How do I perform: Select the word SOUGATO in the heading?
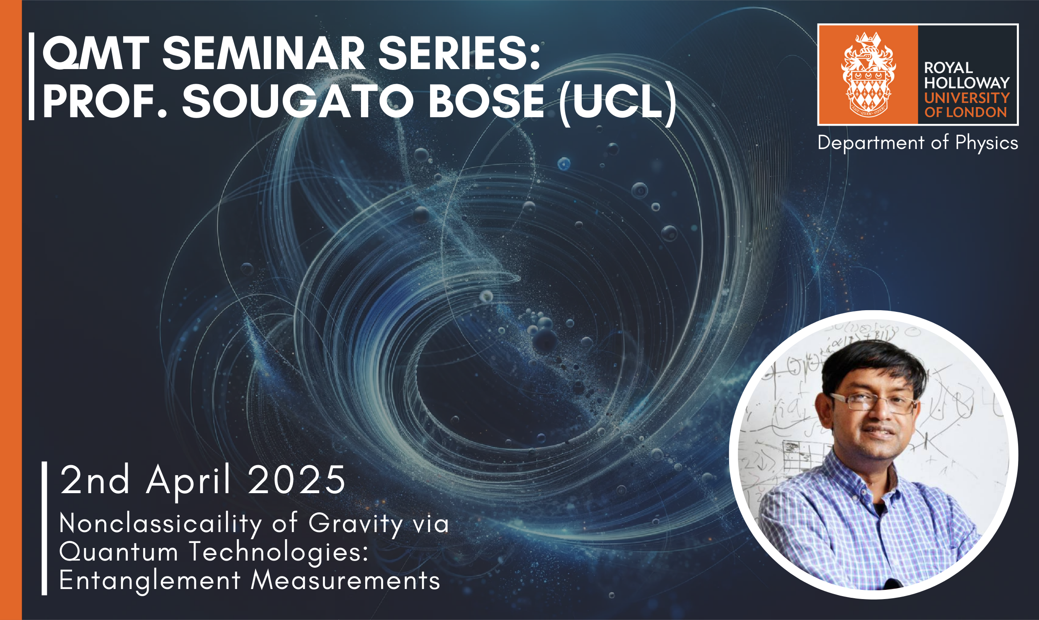tap(298, 101)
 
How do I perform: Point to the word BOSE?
tap(487, 101)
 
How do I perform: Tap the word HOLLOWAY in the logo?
tap(967, 83)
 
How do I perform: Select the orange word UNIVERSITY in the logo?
tap(967, 98)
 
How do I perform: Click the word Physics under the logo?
tap(987, 143)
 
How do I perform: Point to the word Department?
tap(871, 143)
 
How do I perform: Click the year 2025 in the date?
tap(297, 480)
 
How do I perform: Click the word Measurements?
tap(345, 580)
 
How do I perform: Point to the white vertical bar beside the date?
tap(44, 528)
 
